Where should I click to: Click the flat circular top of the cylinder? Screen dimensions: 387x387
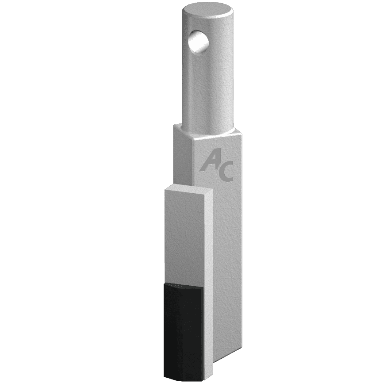click(x=207, y=11)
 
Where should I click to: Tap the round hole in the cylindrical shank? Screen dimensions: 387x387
click(x=198, y=41)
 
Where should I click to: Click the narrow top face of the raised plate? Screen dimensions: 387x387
click(x=189, y=188)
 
